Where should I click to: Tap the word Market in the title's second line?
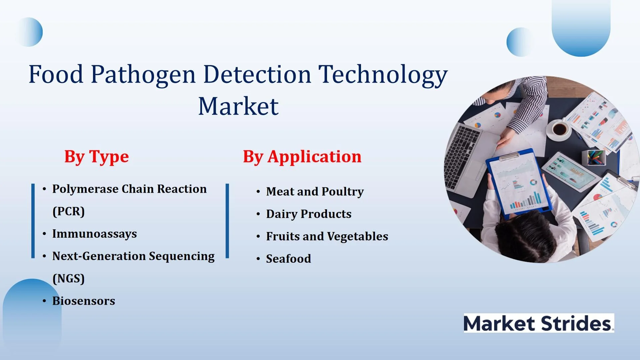click(x=238, y=106)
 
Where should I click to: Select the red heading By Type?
click(x=97, y=157)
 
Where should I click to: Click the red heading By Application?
click(x=302, y=157)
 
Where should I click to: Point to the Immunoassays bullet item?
click(x=94, y=234)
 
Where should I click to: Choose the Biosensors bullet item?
click(x=84, y=301)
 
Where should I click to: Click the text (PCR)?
click(x=69, y=211)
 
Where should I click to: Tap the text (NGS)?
click(x=69, y=278)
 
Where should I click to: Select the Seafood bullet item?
click(x=288, y=259)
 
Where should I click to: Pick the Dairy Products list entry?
click(x=309, y=214)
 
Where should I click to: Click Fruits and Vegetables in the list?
click(x=327, y=236)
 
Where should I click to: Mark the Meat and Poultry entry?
click(x=315, y=192)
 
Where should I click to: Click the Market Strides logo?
click(x=539, y=323)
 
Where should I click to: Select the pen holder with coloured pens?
click(x=594, y=157)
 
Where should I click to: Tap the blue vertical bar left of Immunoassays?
click(x=33, y=221)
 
